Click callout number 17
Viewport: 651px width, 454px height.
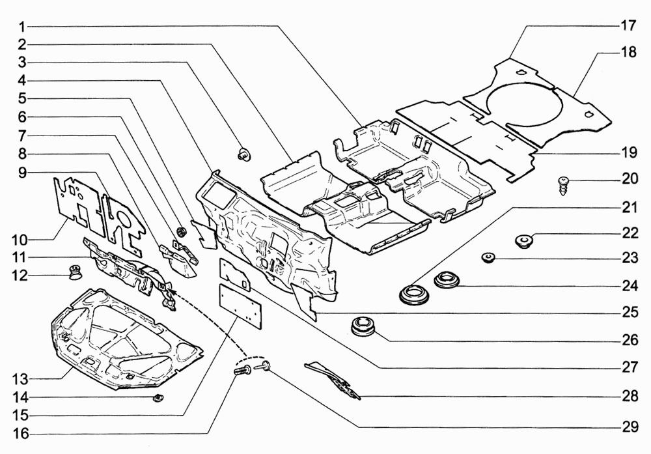pyautogui.click(x=628, y=26)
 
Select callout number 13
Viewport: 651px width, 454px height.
pyautogui.click(x=21, y=378)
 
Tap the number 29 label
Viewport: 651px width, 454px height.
pyautogui.click(x=628, y=427)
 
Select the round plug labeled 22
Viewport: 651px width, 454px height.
pyautogui.click(x=524, y=241)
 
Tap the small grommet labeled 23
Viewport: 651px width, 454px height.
pyautogui.click(x=488, y=258)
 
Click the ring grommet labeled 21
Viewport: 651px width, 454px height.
pyautogui.click(x=415, y=294)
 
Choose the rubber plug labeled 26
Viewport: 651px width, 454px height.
pyautogui.click(x=362, y=325)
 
